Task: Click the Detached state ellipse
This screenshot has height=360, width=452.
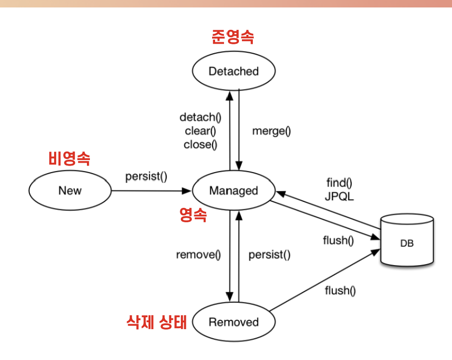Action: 233,71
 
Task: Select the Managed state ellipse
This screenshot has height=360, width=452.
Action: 233,191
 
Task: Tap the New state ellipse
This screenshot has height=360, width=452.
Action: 70,190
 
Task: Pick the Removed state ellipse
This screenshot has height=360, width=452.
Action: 233,322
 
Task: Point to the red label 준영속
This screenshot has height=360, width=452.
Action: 232,37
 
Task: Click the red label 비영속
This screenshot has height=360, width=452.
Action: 70,159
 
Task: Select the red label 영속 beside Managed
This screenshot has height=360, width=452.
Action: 193,215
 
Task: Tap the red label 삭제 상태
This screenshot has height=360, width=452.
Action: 157,322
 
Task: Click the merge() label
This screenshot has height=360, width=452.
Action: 271,131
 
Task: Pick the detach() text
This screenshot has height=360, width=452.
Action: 200,118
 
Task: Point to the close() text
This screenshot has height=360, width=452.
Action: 201,145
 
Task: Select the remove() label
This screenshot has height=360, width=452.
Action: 198,255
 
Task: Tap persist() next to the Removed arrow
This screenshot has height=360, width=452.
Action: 269,255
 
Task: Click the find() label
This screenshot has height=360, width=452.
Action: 339,182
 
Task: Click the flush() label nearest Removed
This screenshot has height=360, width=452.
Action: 340,290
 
